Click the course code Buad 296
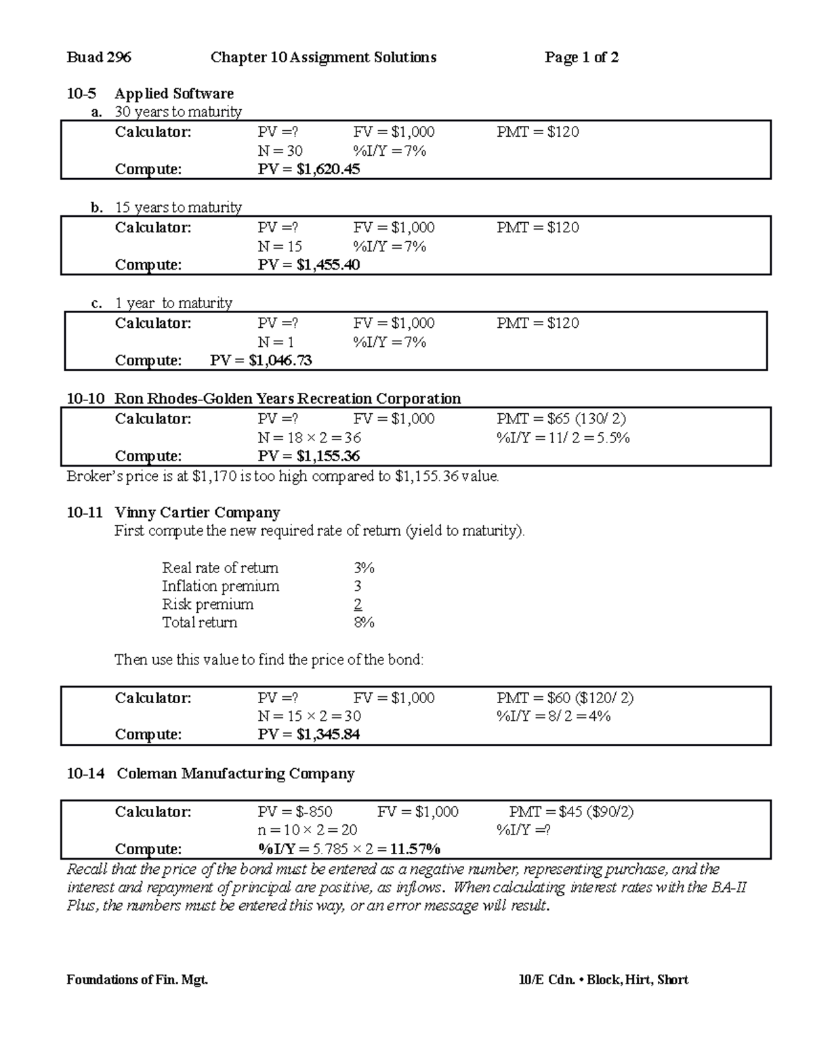(99, 58)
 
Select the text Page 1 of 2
(581, 58)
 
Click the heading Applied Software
(174, 93)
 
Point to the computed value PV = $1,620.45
(309, 169)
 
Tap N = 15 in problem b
(280, 247)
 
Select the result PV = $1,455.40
(309, 265)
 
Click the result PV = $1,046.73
(261, 360)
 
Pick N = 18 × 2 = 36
(309, 438)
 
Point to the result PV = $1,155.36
(309, 456)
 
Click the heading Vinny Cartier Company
(197, 513)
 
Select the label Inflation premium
(220, 586)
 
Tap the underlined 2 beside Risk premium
(358, 604)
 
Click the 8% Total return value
(364, 623)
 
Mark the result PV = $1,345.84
(309, 734)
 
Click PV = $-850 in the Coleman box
(295, 812)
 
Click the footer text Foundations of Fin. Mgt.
(137, 980)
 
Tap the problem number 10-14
(85, 774)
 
